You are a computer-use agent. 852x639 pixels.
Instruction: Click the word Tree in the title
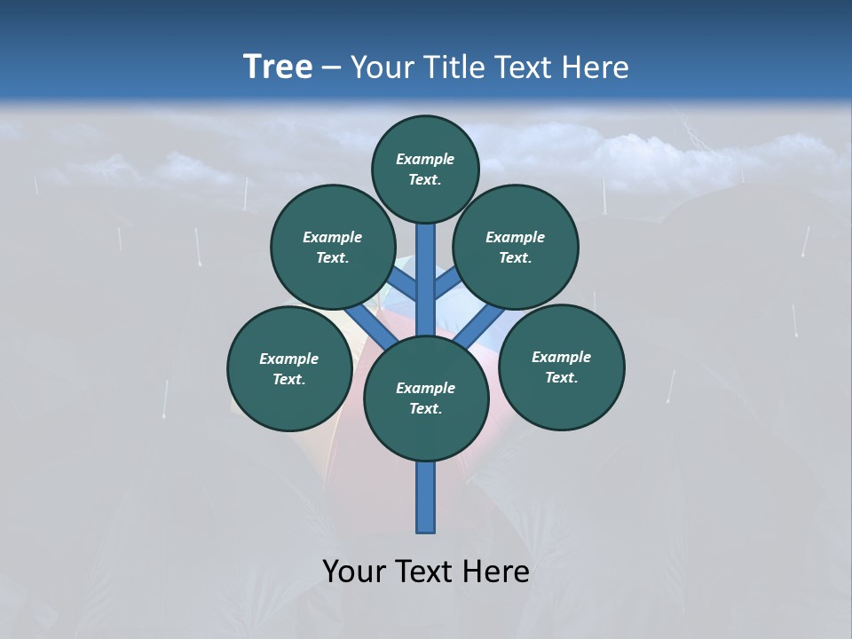(x=278, y=67)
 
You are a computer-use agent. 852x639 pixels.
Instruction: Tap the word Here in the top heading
(x=596, y=67)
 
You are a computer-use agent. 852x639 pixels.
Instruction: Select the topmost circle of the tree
(x=425, y=169)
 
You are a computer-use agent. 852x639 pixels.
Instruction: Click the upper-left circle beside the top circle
(x=332, y=247)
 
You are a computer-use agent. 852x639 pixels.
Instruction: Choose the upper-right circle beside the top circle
(x=516, y=247)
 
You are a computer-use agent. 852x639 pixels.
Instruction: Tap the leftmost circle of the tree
(x=289, y=368)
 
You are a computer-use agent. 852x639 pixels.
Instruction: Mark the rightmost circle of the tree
(x=561, y=367)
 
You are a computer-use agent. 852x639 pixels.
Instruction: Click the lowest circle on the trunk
(x=426, y=398)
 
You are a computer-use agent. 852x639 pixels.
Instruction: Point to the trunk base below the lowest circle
(x=426, y=497)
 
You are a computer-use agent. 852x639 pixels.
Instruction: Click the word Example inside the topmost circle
(x=425, y=159)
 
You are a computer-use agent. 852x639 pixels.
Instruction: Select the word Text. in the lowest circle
(x=425, y=409)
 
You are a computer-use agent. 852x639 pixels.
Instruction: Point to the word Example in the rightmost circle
(x=561, y=357)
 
